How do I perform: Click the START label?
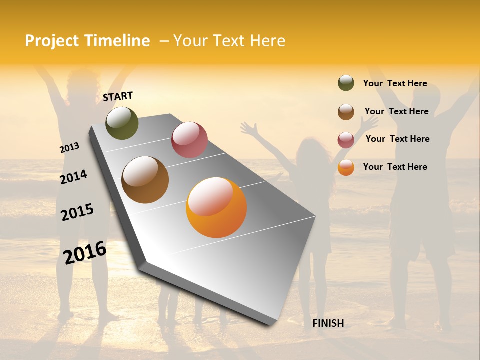[118, 96]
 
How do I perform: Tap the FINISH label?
[328, 323]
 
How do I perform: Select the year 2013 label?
[69, 148]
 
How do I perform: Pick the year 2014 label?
[73, 177]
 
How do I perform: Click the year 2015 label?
[77, 212]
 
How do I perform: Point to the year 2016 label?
[85, 253]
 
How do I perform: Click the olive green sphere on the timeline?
[122, 123]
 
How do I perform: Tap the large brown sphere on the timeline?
[145, 180]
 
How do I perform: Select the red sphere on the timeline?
[189, 140]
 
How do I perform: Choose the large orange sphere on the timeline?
[216, 207]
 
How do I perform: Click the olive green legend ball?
[346, 83]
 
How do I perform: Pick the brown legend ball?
[346, 112]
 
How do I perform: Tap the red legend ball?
[346, 140]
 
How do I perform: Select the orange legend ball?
[346, 167]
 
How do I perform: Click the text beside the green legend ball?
[395, 84]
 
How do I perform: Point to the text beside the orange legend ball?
[395, 167]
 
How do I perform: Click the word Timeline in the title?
[117, 41]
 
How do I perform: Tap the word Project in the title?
[52, 41]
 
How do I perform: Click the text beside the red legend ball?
[397, 139]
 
